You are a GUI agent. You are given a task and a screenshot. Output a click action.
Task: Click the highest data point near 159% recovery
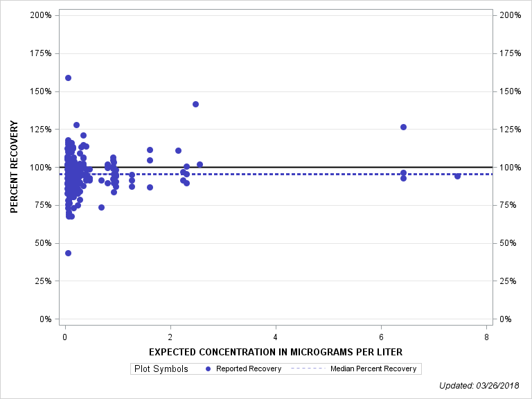[68, 78]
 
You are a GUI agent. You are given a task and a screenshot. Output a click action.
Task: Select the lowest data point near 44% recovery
[68, 253]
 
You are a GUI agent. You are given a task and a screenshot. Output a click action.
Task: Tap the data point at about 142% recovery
[195, 104]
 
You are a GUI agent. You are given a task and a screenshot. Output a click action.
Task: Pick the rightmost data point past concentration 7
[457, 176]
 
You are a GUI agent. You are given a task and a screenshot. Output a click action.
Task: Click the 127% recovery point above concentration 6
[403, 127]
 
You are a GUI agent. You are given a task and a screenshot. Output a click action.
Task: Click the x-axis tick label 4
[276, 337]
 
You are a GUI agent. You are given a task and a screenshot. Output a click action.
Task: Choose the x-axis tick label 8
[487, 337]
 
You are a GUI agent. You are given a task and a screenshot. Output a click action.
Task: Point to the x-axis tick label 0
[64, 337]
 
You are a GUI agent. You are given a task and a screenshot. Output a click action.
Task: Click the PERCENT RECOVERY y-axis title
[15, 167]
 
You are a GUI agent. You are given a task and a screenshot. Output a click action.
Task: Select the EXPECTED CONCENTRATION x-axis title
[276, 352]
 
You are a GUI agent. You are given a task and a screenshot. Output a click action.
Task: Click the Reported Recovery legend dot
[209, 369]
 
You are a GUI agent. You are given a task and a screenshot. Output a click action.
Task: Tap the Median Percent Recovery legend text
[373, 369]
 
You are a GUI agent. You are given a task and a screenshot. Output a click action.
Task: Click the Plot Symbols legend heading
[161, 369]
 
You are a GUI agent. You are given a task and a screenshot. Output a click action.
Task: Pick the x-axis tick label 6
[382, 337]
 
